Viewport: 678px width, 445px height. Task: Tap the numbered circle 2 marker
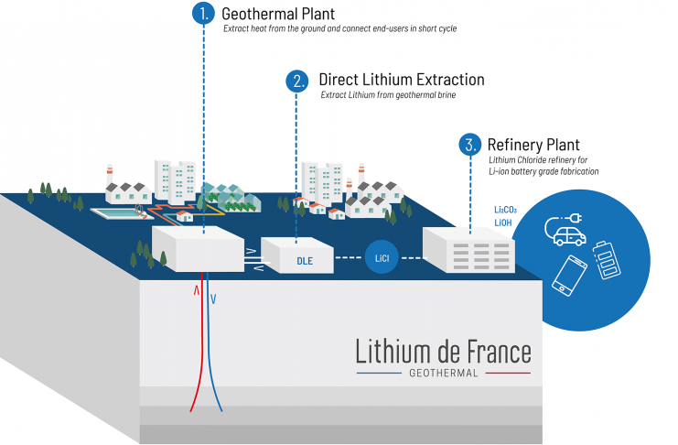(297, 81)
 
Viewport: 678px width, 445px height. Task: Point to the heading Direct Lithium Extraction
(401, 80)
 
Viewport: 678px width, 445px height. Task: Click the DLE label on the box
(305, 260)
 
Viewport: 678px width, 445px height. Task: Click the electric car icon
(568, 229)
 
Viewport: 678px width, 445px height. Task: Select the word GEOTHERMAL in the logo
(443, 374)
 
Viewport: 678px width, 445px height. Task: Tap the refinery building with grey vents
(468, 248)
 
